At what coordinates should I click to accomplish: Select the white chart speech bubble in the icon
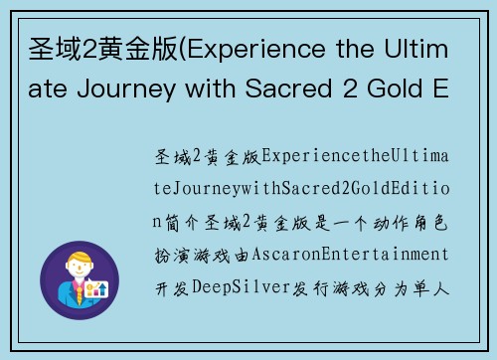pyautogui.click(x=96, y=290)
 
